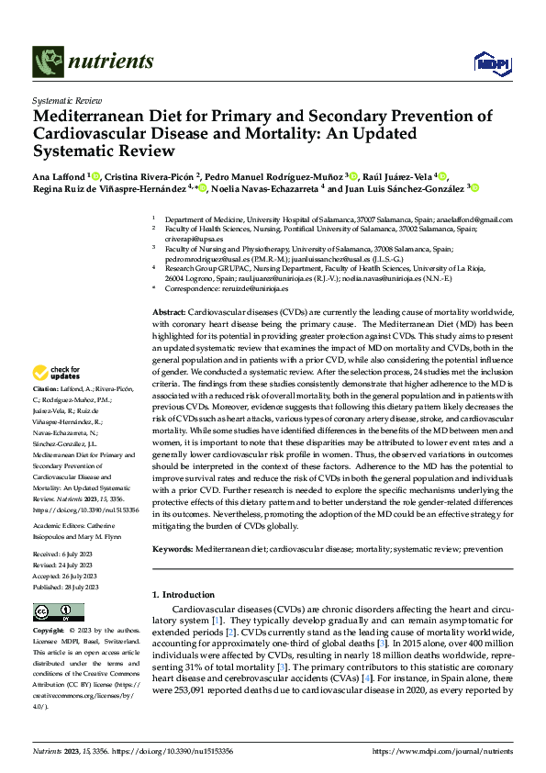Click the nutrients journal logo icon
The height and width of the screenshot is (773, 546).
tap(47, 62)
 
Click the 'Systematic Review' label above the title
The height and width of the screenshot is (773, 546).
tap(67, 98)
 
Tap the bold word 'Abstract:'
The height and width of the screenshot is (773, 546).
tap(173, 313)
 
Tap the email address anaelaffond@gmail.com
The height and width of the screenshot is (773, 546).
tap(473, 220)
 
